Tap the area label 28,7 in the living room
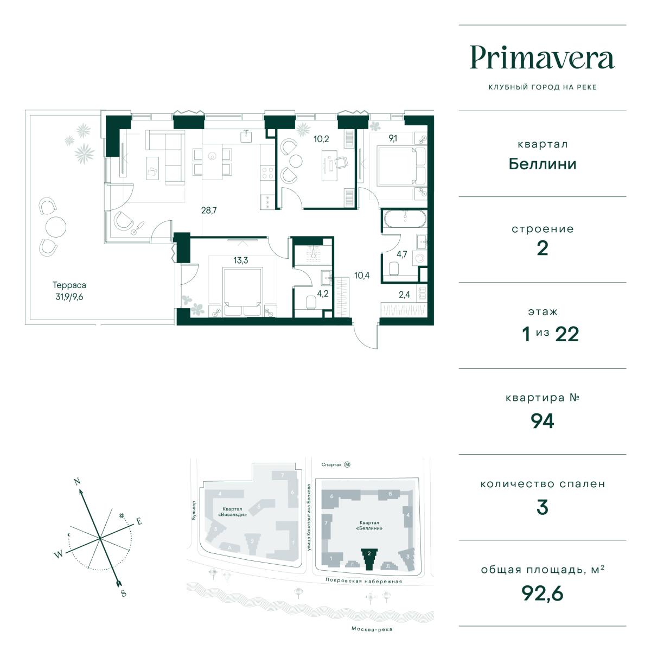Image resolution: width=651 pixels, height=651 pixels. click(209, 210)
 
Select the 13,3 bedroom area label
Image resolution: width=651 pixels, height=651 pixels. click(240, 260)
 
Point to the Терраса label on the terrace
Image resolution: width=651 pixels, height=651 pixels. click(69, 285)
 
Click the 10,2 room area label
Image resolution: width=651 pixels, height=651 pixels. click(321, 139)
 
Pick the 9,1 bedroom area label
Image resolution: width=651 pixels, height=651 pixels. click(393, 138)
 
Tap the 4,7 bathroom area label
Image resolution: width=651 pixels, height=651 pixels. click(401, 254)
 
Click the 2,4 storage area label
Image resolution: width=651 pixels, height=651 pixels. click(404, 295)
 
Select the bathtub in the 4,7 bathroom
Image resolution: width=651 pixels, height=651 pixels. click(405, 219)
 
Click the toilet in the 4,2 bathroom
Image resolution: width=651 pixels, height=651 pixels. click(310, 303)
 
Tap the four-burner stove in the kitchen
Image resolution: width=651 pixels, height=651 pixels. click(268, 173)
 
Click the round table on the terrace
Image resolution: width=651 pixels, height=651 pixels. click(55, 227)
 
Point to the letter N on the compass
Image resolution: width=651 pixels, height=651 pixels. click(78, 481)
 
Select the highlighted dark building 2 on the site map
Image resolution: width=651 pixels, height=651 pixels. click(369, 558)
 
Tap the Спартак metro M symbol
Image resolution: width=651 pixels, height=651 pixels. click(347, 464)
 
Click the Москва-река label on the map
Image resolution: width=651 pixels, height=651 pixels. click(372, 629)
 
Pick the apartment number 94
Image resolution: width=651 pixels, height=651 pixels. click(542, 421)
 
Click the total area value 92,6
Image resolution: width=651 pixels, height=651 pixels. click(542, 593)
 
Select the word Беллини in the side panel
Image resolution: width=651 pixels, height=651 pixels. click(542, 164)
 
